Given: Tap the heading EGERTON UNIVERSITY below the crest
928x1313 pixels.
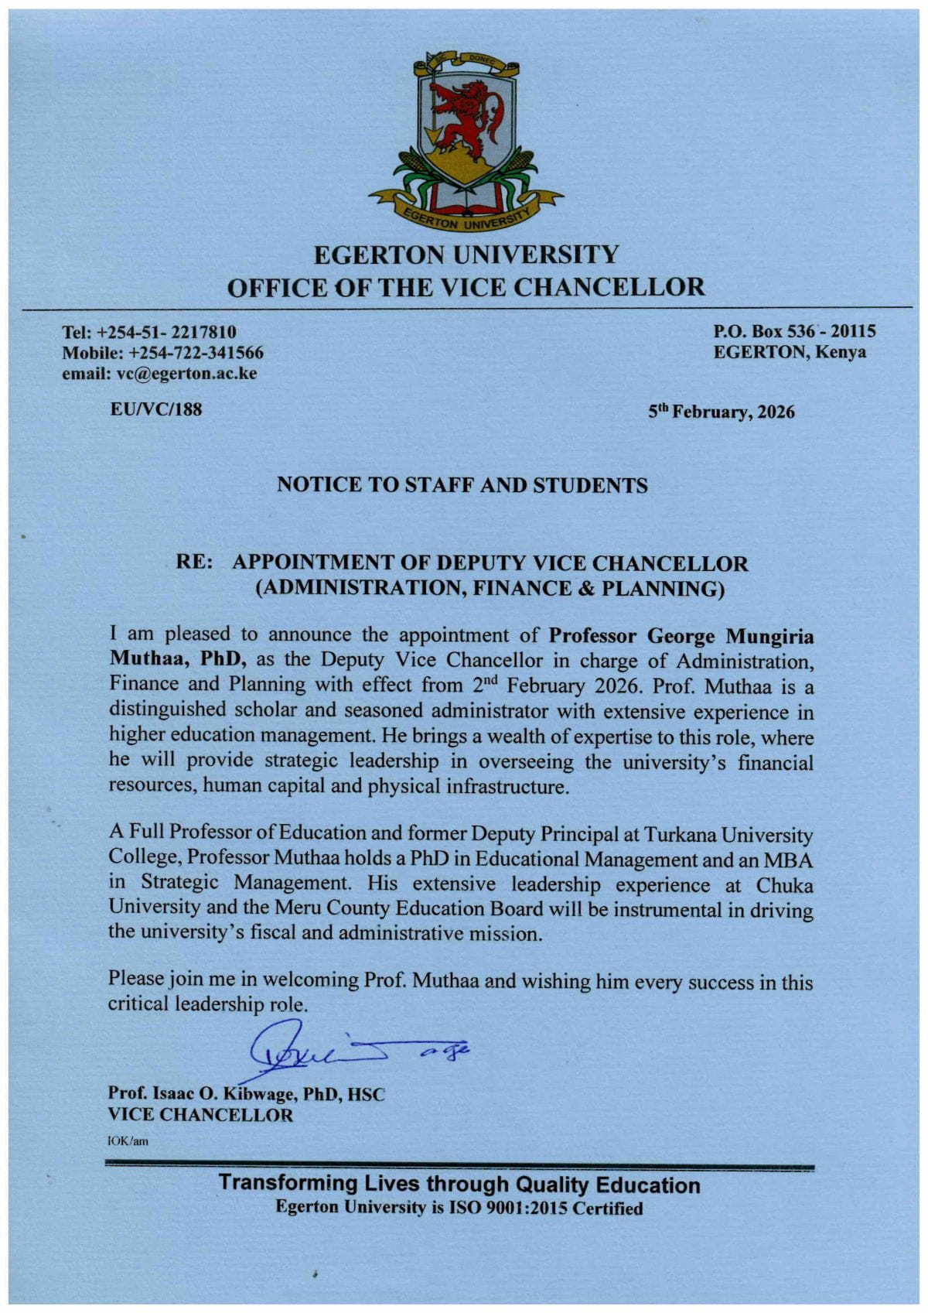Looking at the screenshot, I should point(466,254).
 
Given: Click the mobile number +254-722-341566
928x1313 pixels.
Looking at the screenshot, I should point(196,354).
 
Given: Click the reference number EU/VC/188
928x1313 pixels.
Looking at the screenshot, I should point(157,410).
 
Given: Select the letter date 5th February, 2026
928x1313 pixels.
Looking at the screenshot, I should point(721,412).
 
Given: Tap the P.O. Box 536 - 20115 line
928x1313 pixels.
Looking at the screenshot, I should point(793,332).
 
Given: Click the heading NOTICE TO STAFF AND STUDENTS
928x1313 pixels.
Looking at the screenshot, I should point(462,485).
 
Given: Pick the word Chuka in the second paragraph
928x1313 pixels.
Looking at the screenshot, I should point(786,884).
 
